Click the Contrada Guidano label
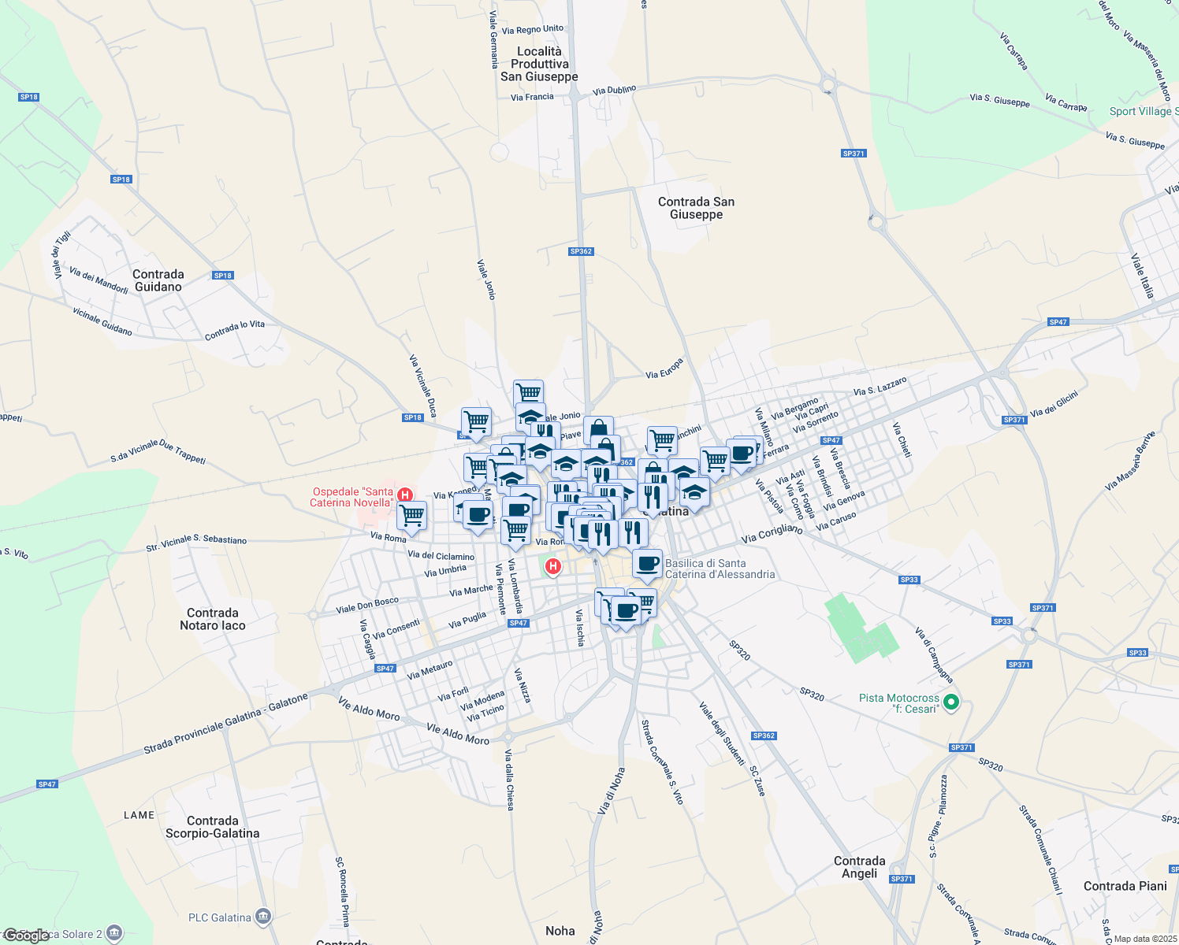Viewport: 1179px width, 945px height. [x=158, y=280]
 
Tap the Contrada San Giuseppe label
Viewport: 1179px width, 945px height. [x=696, y=208]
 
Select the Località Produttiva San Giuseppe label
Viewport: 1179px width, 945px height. [x=539, y=64]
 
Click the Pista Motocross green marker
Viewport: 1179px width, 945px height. [x=951, y=702]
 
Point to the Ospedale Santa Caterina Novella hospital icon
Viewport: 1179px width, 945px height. [x=405, y=495]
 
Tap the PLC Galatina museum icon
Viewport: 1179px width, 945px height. [x=263, y=916]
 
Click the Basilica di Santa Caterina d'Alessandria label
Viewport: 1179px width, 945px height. [x=720, y=569]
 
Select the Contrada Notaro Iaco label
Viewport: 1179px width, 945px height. [x=213, y=619]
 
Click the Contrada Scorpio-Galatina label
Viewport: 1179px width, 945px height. [x=212, y=827]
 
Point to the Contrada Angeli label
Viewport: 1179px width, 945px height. [x=859, y=867]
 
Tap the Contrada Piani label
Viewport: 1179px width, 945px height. [x=1125, y=886]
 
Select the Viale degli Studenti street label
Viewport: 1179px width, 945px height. [x=722, y=733]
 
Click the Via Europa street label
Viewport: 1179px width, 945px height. [x=664, y=369]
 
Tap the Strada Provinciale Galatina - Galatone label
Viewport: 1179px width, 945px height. [x=225, y=724]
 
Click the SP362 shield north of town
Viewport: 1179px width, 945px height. [x=581, y=251]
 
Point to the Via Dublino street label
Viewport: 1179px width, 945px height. [x=614, y=91]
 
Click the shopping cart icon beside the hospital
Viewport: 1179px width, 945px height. [x=411, y=515]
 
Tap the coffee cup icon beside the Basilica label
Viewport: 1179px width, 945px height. [x=647, y=563]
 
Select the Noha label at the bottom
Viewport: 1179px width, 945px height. [x=560, y=931]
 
